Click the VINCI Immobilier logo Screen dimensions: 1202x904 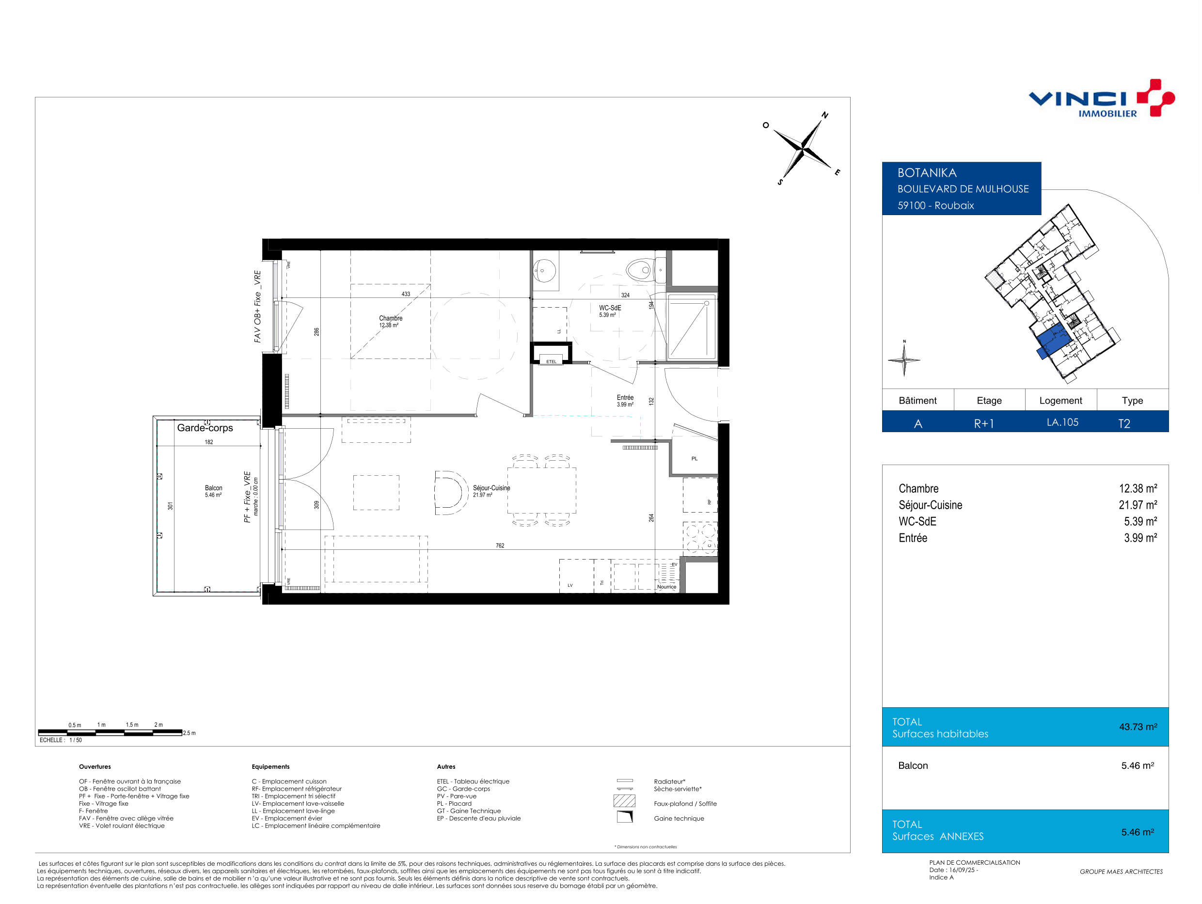pyautogui.click(x=1102, y=98)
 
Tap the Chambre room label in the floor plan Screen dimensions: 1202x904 pyautogui.click(x=391, y=318)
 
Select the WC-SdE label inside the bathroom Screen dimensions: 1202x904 pyautogui.click(x=610, y=308)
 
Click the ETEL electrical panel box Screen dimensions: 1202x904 pyautogui.click(x=551, y=353)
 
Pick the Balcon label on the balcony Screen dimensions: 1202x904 pyautogui.click(x=214, y=488)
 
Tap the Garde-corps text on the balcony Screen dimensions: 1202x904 pyautogui.click(x=205, y=428)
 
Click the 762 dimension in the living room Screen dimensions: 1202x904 pyautogui.click(x=500, y=546)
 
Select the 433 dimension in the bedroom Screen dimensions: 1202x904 pyautogui.click(x=406, y=294)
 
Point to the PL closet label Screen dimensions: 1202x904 pyautogui.click(x=695, y=458)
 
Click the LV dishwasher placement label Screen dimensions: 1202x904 pyautogui.click(x=570, y=585)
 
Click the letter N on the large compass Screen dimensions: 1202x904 pyautogui.click(x=825, y=115)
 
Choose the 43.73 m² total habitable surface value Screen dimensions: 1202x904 pyautogui.click(x=1138, y=727)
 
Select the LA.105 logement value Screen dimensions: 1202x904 pyautogui.click(x=1062, y=422)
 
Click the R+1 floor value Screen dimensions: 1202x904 pyautogui.click(x=983, y=424)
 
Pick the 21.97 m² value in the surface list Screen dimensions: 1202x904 pyautogui.click(x=1138, y=505)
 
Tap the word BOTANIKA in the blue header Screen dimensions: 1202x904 pyautogui.click(x=927, y=173)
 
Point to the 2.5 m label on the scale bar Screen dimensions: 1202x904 pyautogui.click(x=189, y=733)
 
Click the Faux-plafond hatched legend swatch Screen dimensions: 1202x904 pyautogui.click(x=624, y=800)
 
